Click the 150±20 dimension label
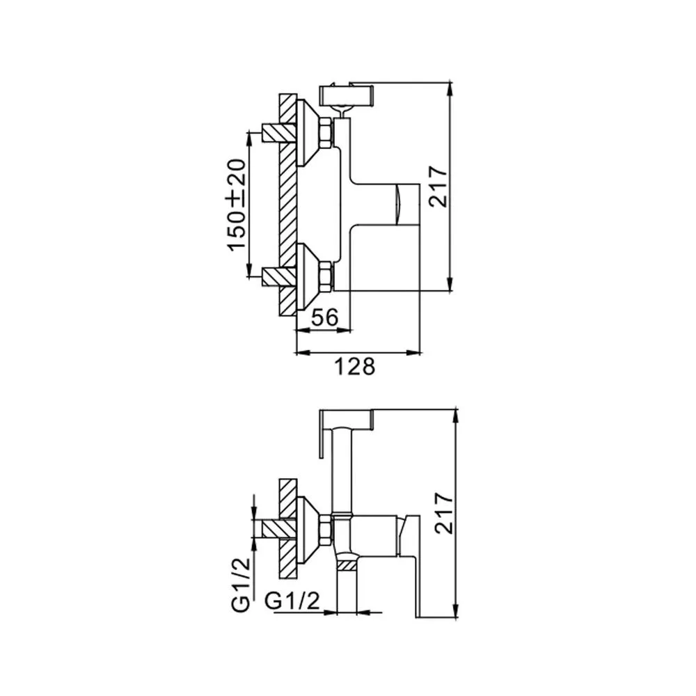[237, 205]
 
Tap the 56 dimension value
[325, 317]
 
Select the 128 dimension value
[354, 367]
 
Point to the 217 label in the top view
[438, 187]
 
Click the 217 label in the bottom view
[444, 513]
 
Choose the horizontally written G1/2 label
[292, 601]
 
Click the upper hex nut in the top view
[325, 132]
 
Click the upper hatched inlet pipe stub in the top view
[279, 132]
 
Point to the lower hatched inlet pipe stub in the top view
[279, 276]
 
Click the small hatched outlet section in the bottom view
[347, 565]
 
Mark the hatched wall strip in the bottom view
[287, 529]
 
